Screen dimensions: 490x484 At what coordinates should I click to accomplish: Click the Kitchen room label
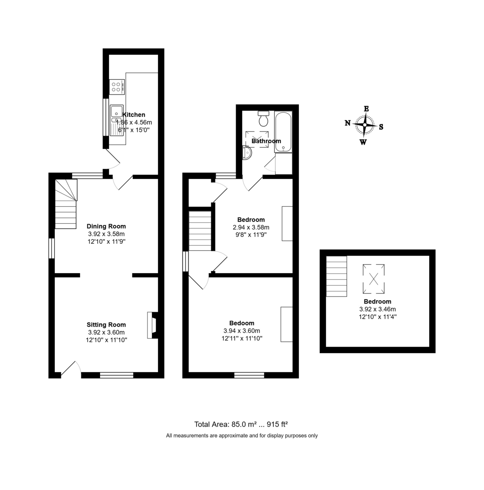click(x=134, y=115)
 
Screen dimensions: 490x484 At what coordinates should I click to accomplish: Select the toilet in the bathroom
click(x=263, y=119)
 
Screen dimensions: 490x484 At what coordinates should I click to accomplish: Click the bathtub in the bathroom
click(x=283, y=131)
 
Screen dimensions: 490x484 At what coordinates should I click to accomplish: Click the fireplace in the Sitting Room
click(x=152, y=325)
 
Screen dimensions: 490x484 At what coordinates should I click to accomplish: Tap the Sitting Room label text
click(x=106, y=325)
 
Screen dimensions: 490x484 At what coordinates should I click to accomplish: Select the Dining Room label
click(x=106, y=226)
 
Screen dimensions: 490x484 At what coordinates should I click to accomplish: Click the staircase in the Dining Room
click(x=66, y=204)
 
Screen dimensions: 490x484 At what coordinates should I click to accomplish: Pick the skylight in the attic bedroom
click(x=374, y=279)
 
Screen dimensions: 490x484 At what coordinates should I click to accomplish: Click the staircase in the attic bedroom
click(x=336, y=276)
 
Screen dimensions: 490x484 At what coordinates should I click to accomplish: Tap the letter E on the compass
click(x=366, y=109)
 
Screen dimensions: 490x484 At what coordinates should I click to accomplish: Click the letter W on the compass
click(x=363, y=142)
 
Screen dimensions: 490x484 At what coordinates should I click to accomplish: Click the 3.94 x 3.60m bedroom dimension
click(x=242, y=331)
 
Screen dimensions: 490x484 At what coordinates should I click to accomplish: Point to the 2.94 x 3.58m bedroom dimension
click(x=251, y=227)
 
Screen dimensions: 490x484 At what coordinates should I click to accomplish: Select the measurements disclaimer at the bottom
click(x=242, y=436)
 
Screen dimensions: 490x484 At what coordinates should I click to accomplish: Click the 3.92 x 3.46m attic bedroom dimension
click(x=377, y=309)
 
